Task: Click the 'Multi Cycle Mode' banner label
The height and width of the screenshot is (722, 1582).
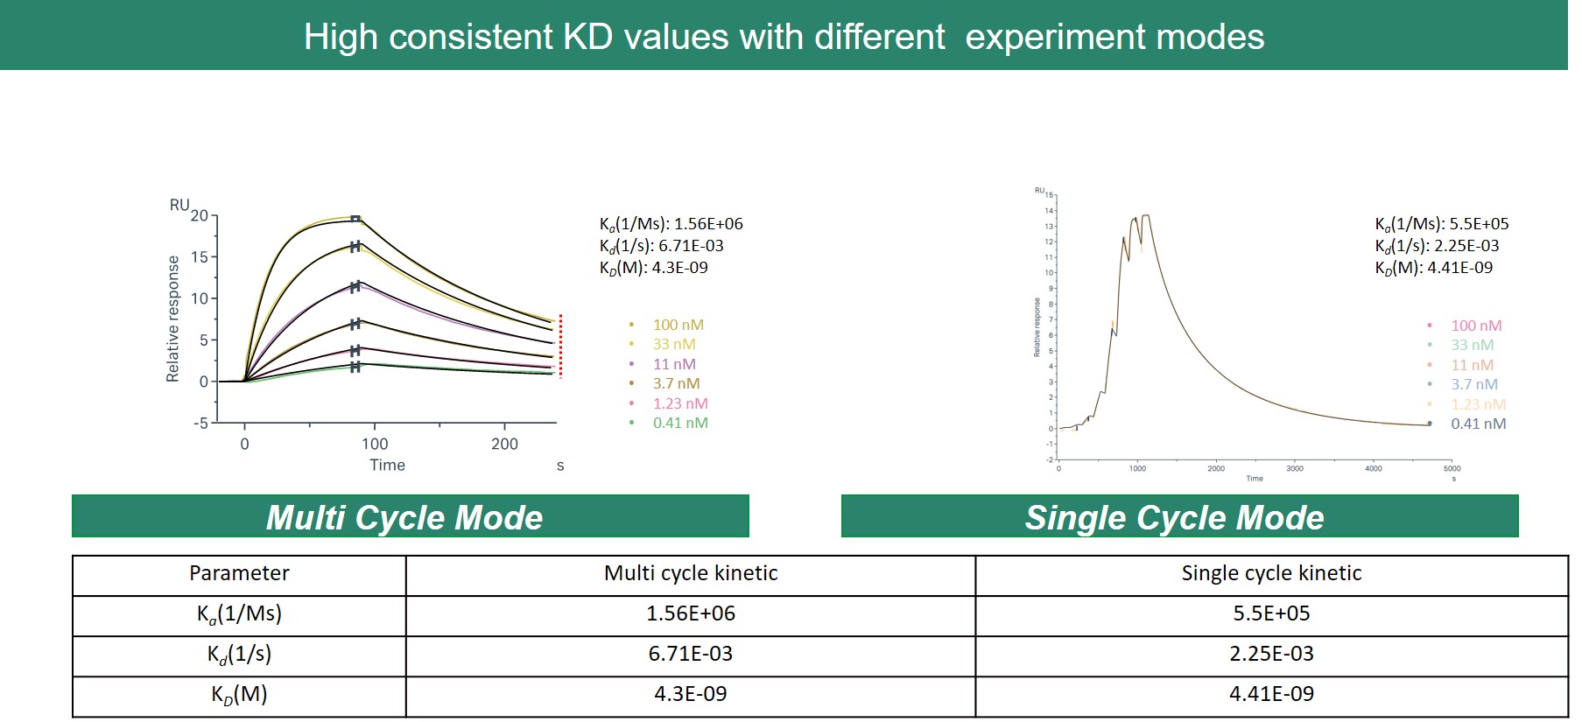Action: point(404,517)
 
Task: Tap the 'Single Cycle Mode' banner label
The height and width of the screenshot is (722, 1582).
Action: point(1174,517)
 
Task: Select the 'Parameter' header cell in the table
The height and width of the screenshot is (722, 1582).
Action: point(239,573)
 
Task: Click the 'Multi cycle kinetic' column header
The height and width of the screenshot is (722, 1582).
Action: point(691,573)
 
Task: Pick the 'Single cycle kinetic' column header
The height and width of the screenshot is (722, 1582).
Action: point(1271,573)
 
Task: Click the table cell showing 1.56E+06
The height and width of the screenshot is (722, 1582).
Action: point(691,613)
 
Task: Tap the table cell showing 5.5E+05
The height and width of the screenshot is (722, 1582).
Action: point(1271,613)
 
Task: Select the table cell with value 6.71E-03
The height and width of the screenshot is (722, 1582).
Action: point(691,654)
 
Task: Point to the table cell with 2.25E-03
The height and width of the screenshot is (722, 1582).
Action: point(1271,654)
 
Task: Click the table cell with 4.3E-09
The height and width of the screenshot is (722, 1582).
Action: point(691,694)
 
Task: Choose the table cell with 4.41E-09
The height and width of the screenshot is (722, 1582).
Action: point(1271,694)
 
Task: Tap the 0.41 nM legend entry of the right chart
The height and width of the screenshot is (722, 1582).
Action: point(1478,424)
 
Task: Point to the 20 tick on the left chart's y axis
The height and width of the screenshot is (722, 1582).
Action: point(200,215)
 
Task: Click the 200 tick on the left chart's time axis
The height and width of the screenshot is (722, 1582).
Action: point(504,444)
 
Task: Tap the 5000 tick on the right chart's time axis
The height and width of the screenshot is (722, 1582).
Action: point(1452,469)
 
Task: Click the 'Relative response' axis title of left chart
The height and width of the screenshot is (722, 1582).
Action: point(173,319)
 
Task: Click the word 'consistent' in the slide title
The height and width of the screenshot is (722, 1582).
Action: point(471,37)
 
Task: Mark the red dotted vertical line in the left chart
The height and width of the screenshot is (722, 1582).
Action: point(560,347)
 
